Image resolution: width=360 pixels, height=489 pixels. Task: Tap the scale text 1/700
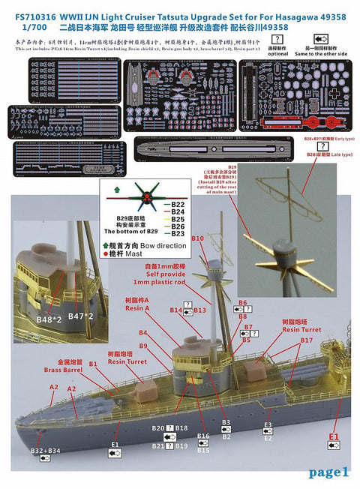tap(25, 19)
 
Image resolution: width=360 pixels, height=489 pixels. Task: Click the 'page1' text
tap(329, 472)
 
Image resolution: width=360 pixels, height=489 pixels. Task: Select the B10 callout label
tap(197, 238)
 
